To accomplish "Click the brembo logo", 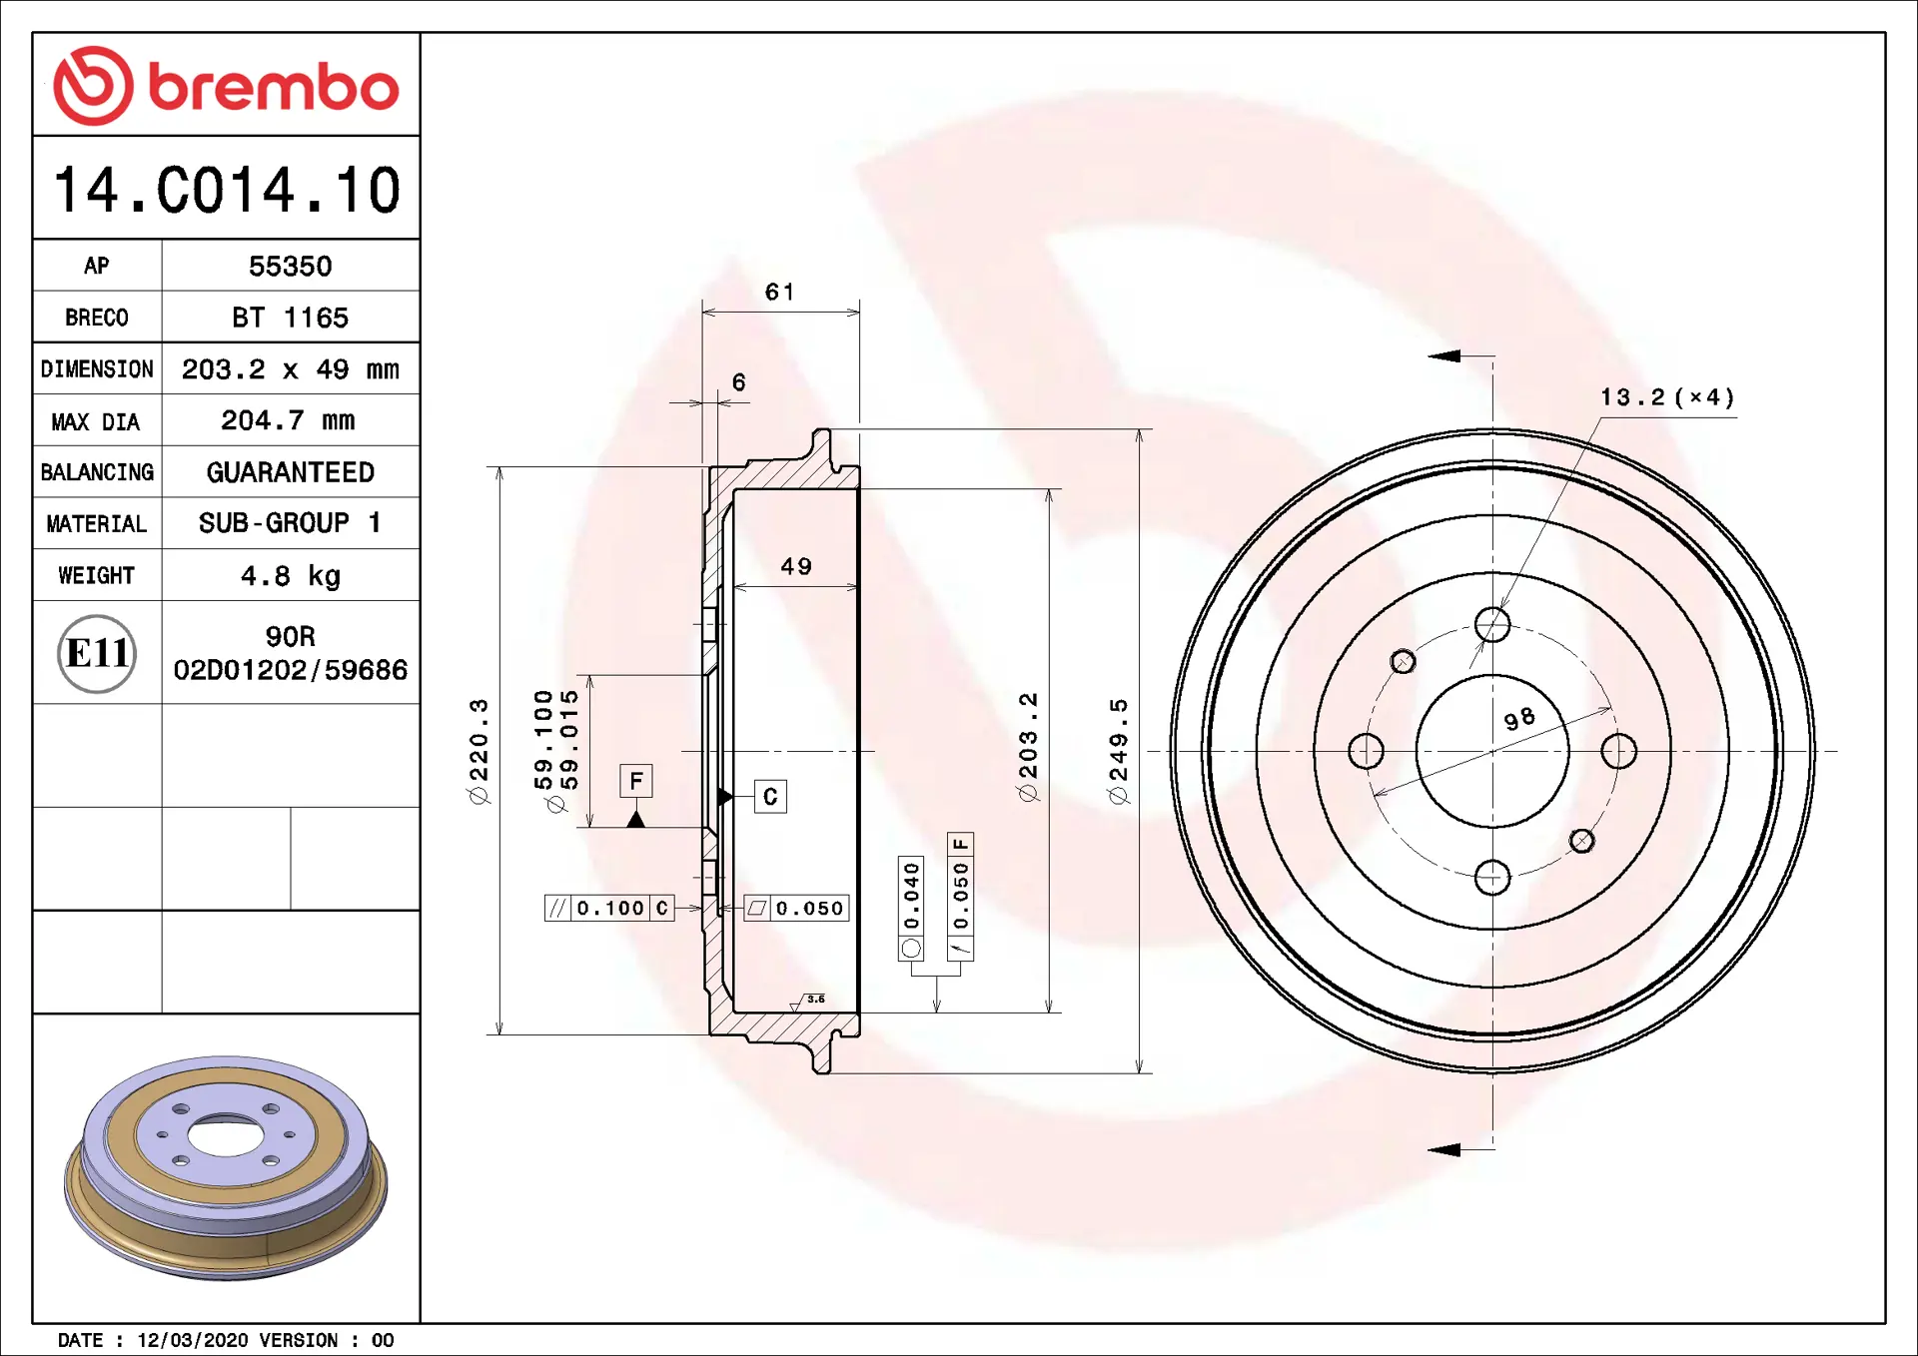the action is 226,86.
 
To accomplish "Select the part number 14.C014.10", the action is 227,190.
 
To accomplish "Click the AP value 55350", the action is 290,267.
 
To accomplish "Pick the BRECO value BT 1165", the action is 290,318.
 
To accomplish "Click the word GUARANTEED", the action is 290,472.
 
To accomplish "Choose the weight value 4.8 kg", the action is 290,576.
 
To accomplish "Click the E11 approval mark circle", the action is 97,653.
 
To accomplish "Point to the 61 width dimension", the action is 779,292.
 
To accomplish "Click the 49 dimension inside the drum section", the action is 796,566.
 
